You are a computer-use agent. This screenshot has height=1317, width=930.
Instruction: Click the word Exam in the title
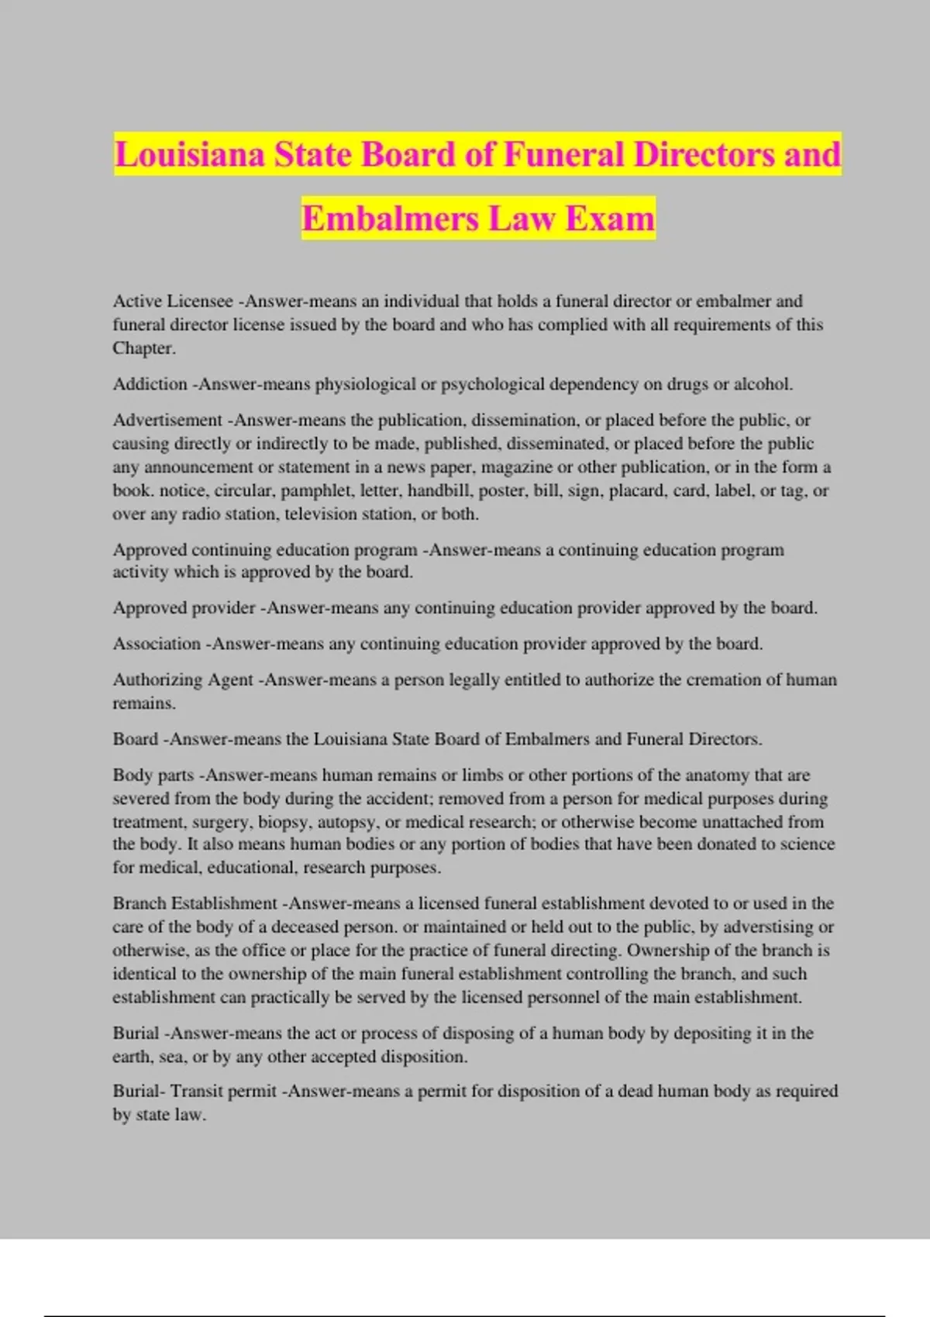[x=610, y=218]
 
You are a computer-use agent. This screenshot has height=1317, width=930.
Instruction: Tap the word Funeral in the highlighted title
[x=563, y=154]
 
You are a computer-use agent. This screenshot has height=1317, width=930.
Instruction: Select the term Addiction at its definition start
[x=150, y=384]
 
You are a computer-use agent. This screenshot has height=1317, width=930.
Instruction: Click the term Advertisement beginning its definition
[x=167, y=420]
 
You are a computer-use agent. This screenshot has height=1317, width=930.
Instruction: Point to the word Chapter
[x=143, y=348]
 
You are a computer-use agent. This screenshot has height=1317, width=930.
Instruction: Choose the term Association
[x=157, y=644]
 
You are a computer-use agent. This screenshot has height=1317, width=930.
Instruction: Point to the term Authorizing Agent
[x=183, y=679]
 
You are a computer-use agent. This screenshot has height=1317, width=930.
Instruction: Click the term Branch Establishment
[x=195, y=903]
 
